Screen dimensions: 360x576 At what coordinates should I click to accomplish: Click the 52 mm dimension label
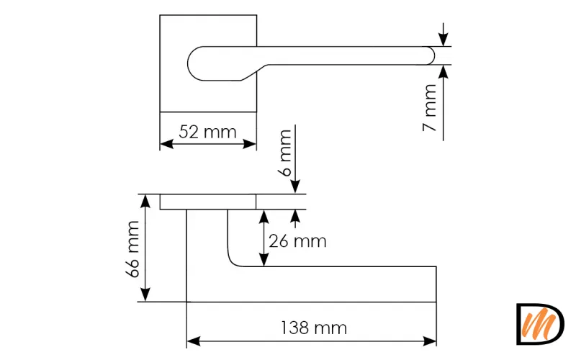207,132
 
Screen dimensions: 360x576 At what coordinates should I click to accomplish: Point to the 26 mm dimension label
297,241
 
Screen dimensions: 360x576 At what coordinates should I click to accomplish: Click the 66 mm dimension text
132,248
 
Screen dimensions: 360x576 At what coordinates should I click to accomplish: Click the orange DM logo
540,324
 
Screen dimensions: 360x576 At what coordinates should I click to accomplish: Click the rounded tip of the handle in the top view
432,55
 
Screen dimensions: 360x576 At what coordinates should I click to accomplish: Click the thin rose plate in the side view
207,202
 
